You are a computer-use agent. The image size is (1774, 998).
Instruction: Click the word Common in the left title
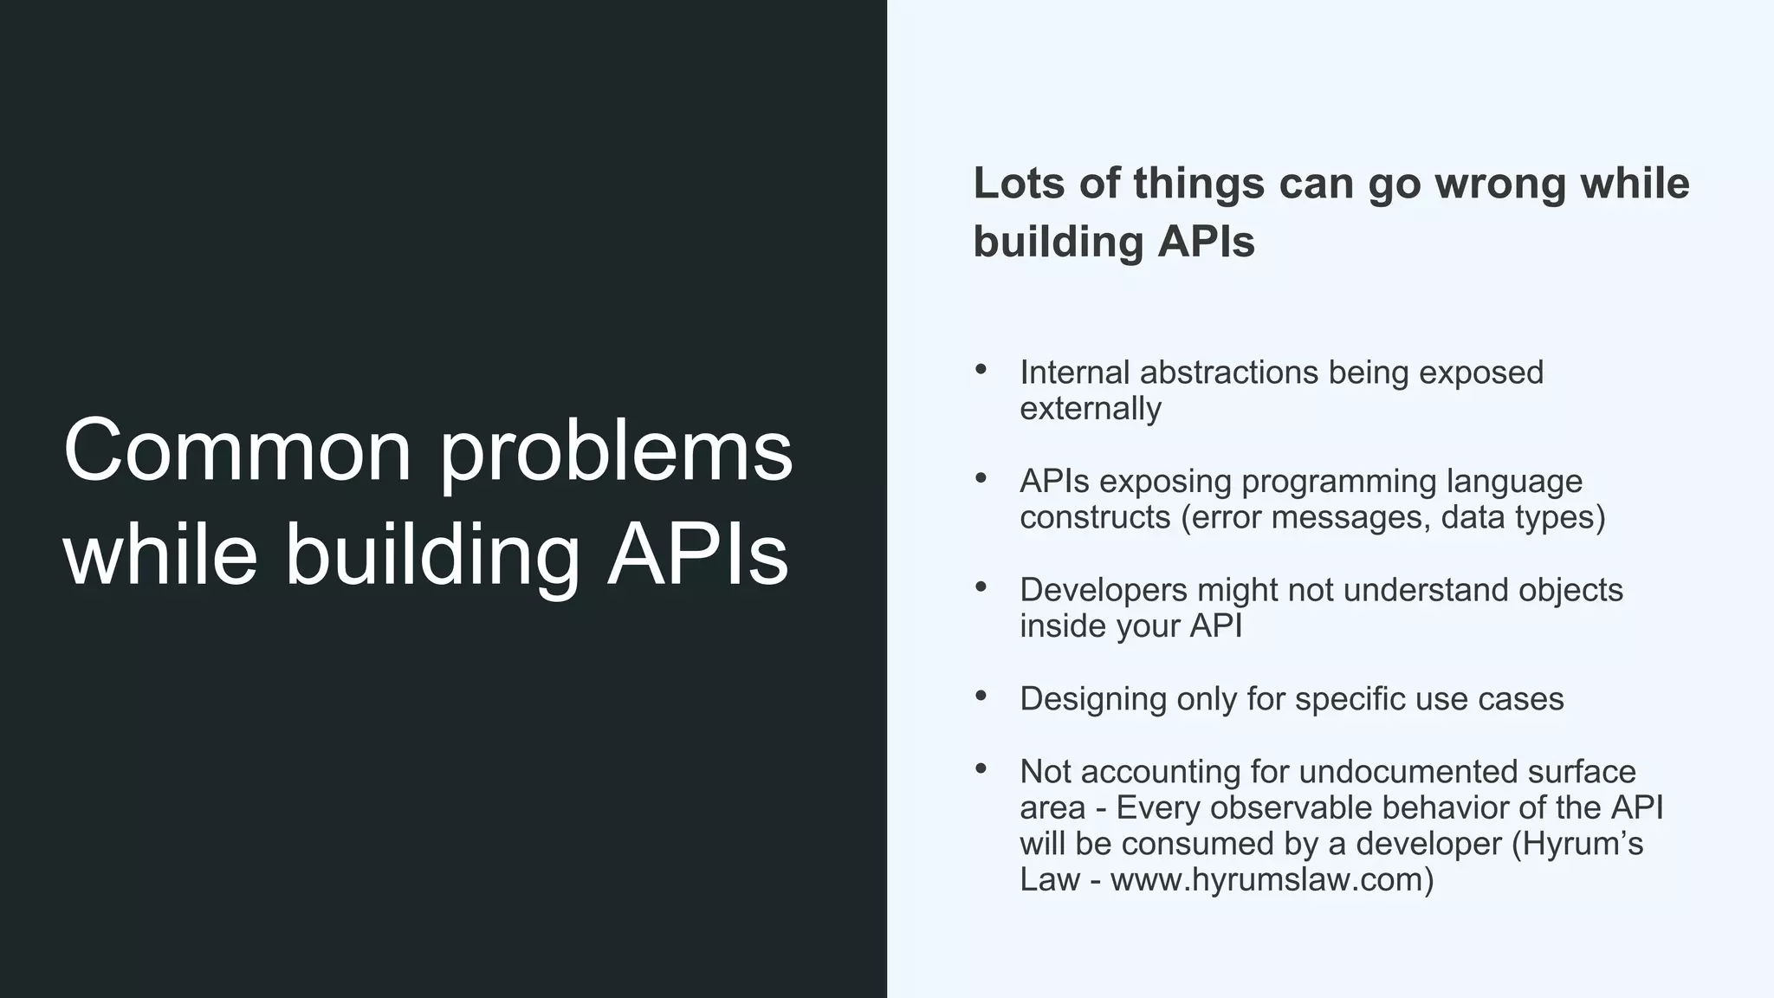(x=237, y=450)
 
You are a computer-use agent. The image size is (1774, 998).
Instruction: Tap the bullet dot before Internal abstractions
(x=981, y=370)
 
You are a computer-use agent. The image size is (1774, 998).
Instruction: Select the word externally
(x=1091, y=408)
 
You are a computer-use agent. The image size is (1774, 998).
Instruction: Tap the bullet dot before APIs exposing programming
(x=981, y=478)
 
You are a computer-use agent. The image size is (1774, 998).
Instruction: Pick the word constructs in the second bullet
(x=1094, y=517)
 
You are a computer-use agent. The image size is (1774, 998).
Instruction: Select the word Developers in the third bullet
(x=1104, y=590)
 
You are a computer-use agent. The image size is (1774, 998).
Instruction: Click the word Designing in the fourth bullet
(x=1092, y=699)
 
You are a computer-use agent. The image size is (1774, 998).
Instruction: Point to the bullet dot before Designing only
(x=981, y=696)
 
